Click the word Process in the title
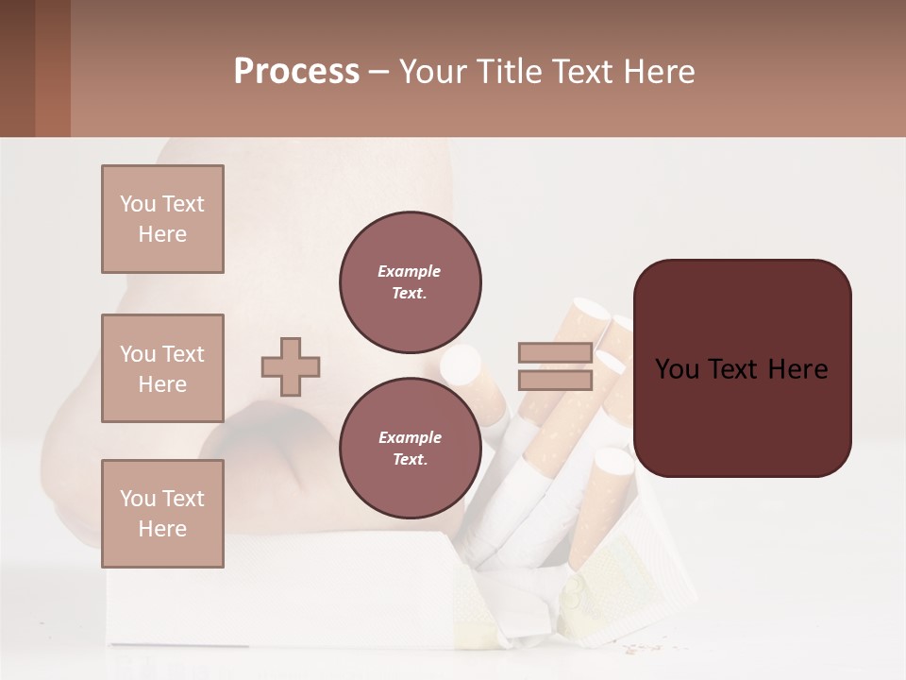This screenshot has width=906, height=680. (296, 72)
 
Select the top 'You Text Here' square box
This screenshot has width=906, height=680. (162, 219)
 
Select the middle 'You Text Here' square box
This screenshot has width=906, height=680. (162, 368)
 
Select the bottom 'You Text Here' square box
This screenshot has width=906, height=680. (162, 514)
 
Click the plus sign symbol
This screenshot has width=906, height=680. (291, 366)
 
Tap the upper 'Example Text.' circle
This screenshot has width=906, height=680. (411, 282)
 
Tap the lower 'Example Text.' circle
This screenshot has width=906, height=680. (411, 449)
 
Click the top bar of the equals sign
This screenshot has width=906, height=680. (555, 353)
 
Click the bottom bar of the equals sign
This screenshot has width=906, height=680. (555, 380)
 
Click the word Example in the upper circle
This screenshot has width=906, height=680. (410, 271)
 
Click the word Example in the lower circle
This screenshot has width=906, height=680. (410, 437)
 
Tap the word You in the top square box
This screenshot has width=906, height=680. (137, 204)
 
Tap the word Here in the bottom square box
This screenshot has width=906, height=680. (162, 529)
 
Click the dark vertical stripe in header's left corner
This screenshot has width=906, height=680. (17, 68)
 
